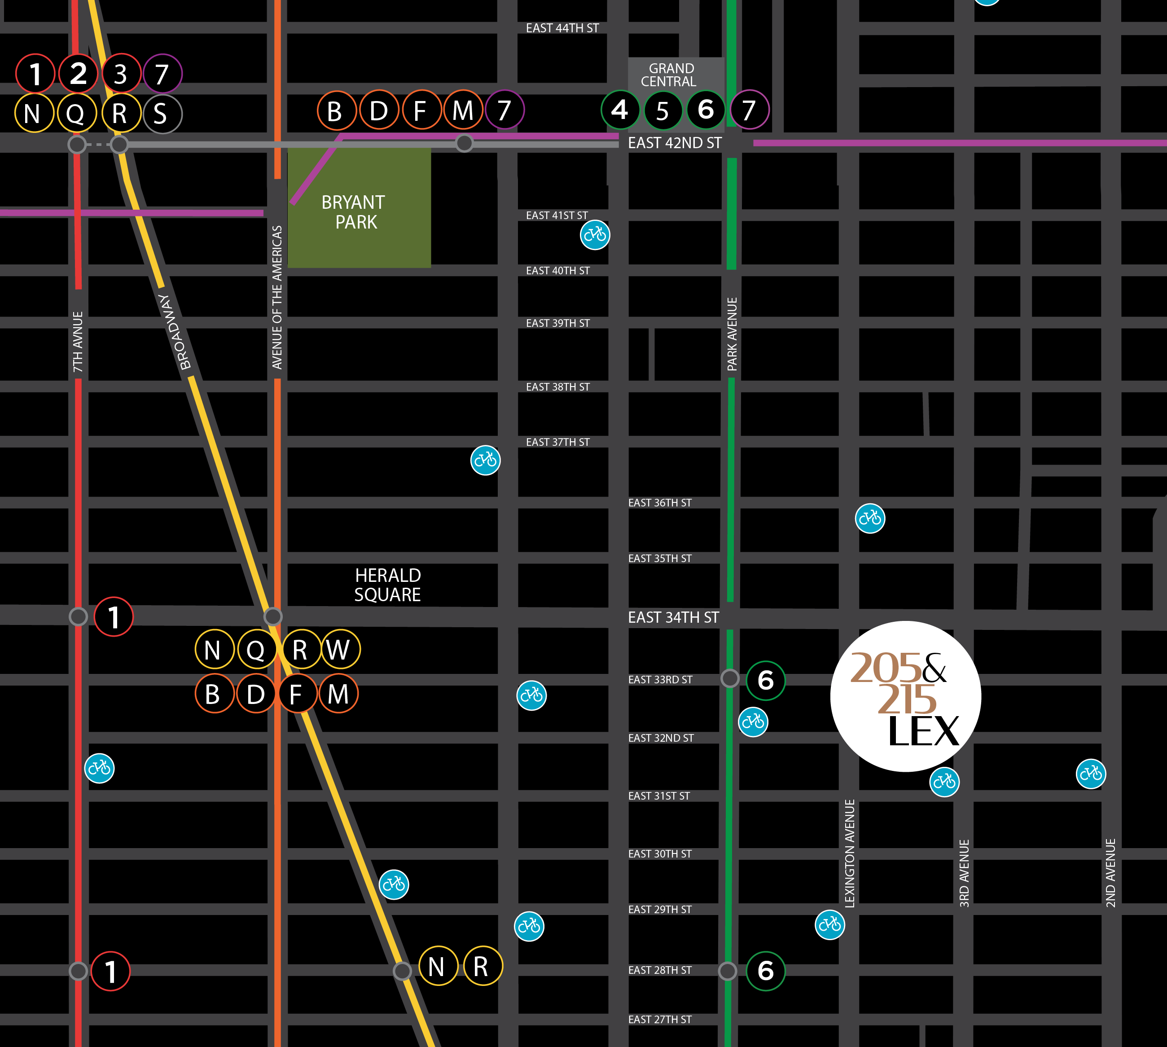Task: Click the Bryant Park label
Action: (354, 212)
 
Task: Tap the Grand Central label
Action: (670, 75)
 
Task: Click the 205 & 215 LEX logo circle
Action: (905, 696)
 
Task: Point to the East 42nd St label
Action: (674, 143)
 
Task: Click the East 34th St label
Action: (673, 617)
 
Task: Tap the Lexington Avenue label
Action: (850, 853)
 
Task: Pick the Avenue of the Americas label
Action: (277, 297)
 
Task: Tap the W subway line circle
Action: (341, 650)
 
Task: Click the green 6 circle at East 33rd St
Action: (766, 680)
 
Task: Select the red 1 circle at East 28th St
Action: (110, 972)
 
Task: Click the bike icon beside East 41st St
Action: (595, 235)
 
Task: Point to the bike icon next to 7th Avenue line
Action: (100, 768)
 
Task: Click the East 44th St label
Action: (562, 28)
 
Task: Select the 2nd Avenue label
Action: (1110, 873)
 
